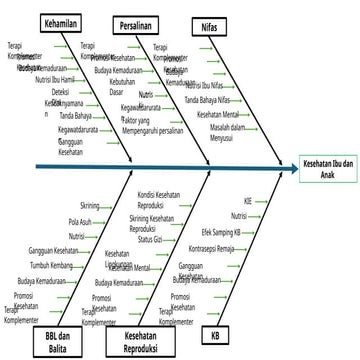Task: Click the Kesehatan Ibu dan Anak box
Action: click(x=328, y=166)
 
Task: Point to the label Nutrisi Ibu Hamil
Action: click(x=56, y=78)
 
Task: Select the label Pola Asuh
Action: click(x=79, y=220)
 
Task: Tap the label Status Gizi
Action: click(x=149, y=239)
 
